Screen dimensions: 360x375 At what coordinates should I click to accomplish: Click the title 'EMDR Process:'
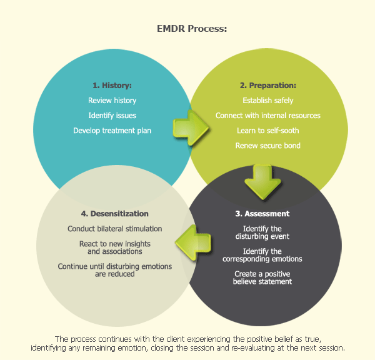click(187, 29)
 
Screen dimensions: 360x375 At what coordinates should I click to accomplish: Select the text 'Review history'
click(112, 101)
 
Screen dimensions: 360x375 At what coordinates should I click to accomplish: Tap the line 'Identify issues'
click(112, 116)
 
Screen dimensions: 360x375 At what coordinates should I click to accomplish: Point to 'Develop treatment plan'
click(112, 131)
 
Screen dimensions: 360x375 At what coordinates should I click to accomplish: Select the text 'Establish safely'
click(267, 101)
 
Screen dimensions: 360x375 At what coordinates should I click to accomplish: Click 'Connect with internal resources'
click(267, 116)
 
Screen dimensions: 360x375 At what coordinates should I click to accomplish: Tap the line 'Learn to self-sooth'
click(267, 131)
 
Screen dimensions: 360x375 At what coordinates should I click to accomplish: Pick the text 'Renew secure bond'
click(267, 146)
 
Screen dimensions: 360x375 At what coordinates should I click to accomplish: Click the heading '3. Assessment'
click(262, 214)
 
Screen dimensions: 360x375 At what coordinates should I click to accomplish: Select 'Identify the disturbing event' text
click(262, 232)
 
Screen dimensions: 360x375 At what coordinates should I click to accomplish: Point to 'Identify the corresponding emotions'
click(262, 255)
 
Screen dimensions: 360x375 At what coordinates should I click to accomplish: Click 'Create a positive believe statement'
click(262, 277)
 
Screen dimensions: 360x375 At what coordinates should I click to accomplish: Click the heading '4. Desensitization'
click(114, 214)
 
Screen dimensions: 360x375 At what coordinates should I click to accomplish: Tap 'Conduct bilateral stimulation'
click(114, 229)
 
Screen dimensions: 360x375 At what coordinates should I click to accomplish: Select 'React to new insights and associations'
click(114, 247)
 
